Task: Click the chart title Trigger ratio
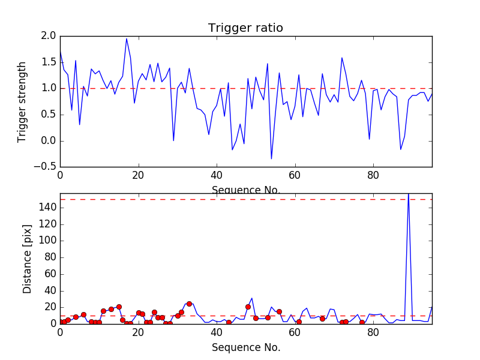click(x=245, y=28)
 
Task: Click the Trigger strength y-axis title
click(x=22, y=101)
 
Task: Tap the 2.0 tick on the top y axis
click(x=49, y=36)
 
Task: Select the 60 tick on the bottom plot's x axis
click(x=295, y=332)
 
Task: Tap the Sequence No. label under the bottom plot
click(x=245, y=347)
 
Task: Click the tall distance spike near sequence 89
click(x=409, y=196)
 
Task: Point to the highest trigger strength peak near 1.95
click(x=127, y=39)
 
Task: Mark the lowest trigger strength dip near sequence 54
click(x=271, y=158)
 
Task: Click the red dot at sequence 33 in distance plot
click(x=189, y=304)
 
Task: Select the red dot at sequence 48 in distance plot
click(x=248, y=307)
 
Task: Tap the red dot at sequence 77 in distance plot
click(x=361, y=322)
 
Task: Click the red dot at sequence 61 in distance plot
click(x=299, y=322)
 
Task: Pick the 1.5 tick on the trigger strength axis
click(x=49, y=62)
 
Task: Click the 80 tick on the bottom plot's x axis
click(x=373, y=332)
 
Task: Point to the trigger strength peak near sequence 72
click(x=342, y=58)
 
